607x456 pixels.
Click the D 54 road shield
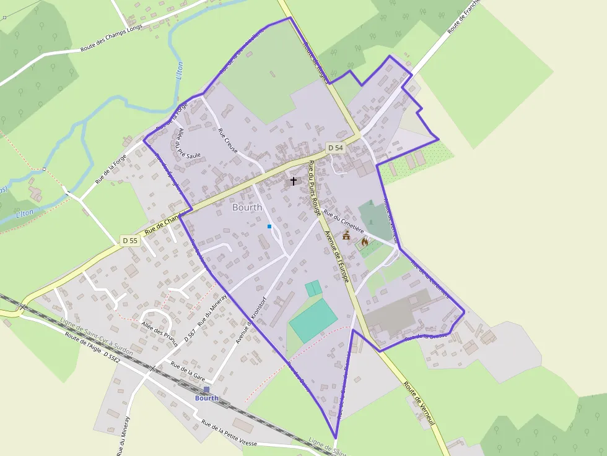[335, 147]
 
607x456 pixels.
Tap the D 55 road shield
[129, 240]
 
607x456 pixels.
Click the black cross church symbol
[294, 181]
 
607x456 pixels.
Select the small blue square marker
[269, 226]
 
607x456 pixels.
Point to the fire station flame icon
[364, 242]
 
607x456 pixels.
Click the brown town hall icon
[346, 236]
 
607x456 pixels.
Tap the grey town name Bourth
[247, 207]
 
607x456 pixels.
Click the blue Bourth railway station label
[207, 398]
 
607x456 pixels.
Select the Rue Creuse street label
[228, 140]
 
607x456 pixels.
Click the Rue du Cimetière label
[344, 220]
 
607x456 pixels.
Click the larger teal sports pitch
[313, 319]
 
